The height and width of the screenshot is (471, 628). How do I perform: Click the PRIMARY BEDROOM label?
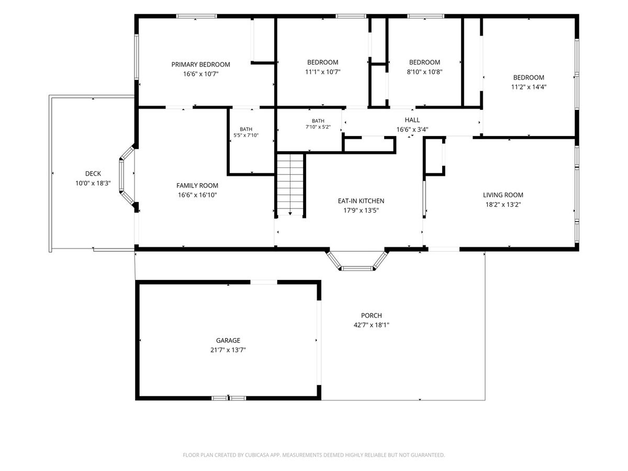200,64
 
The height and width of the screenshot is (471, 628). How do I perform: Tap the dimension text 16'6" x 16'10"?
197,195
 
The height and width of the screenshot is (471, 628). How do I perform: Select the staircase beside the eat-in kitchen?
290,185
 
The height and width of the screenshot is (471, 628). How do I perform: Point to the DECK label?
93,174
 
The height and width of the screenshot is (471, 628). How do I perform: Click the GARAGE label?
228,340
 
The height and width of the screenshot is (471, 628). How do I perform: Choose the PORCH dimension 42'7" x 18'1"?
372,325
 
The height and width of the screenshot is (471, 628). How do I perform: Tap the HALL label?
412,120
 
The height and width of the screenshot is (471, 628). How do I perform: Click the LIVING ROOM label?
503,195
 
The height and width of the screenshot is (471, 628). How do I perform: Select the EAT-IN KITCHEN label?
361,201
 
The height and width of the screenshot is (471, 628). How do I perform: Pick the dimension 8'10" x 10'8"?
424,72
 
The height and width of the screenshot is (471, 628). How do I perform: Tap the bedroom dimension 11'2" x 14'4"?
529,87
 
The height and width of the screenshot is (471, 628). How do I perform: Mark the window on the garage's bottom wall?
229,398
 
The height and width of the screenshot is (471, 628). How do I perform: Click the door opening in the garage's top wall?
264,282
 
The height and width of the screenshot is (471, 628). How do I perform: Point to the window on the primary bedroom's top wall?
196,16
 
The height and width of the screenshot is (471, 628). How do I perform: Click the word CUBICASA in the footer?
257,455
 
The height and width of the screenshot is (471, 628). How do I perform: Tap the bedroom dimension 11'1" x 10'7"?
323,72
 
